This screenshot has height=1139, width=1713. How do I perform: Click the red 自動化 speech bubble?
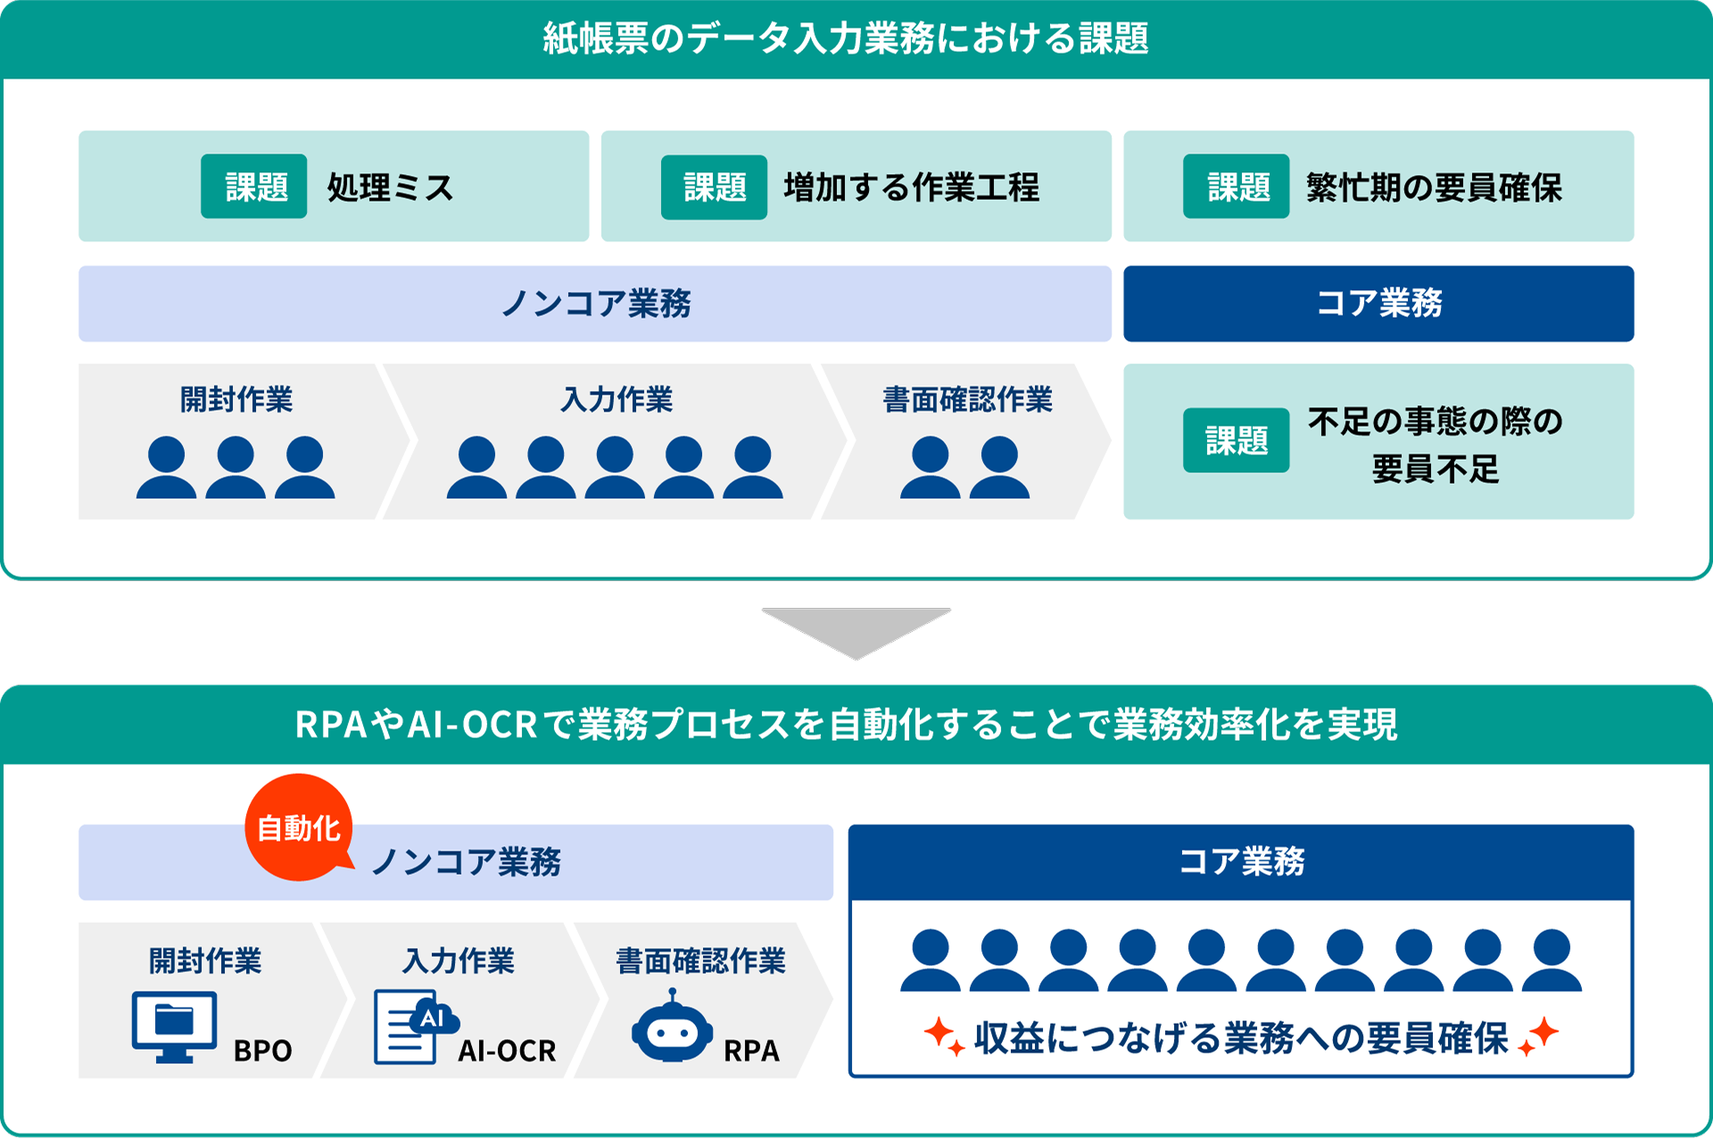[x=299, y=827]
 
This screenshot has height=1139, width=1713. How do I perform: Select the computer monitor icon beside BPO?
[x=174, y=1025]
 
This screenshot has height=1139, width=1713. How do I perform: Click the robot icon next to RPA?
[x=672, y=1028]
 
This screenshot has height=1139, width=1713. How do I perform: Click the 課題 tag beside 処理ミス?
[x=254, y=187]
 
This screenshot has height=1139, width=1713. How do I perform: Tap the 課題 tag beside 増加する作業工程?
[x=714, y=187]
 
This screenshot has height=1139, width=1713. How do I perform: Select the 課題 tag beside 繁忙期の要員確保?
[x=1237, y=187]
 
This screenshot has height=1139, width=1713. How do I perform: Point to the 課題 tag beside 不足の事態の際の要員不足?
[x=1236, y=440]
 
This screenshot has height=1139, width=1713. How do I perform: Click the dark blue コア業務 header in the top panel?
[x=1378, y=303]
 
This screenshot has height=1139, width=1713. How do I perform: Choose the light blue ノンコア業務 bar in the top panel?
[x=595, y=303]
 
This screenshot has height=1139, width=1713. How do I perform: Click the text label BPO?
[x=262, y=1051]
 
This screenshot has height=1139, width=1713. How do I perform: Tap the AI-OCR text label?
[x=507, y=1051]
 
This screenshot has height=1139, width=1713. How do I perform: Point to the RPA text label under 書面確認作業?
[x=751, y=1051]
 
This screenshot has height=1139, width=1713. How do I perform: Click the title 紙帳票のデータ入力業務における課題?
[x=846, y=38]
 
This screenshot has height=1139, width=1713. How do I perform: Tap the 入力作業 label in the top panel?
[x=617, y=399]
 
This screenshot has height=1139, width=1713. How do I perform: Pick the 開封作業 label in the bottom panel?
[x=205, y=960]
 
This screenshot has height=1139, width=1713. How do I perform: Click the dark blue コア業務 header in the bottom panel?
[x=1241, y=861]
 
